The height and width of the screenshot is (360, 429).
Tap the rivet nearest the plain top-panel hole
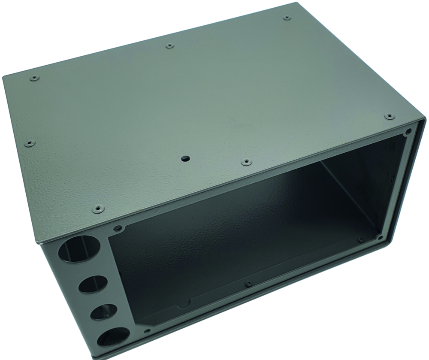[x=245, y=162]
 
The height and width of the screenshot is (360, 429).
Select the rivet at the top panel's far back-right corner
[x=287, y=18]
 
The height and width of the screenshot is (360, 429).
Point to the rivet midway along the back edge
[x=170, y=45]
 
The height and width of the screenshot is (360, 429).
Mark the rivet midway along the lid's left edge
[x=29, y=143]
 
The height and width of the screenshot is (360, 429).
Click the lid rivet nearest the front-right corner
[x=389, y=116]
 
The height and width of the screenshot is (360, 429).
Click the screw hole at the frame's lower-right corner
[x=380, y=237]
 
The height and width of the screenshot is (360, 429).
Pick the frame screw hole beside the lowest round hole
[x=148, y=331]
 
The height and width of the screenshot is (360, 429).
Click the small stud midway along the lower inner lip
[x=248, y=283]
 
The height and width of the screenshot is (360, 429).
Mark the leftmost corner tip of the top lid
[x=3, y=77]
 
